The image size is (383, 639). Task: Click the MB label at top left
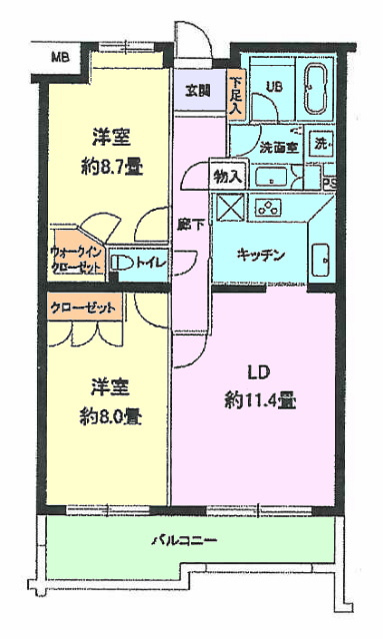(x=60, y=57)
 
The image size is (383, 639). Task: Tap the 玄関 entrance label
(x=198, y=91)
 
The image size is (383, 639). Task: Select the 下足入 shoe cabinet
(x=237, y=96)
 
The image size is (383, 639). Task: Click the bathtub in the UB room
(x=316, y=88)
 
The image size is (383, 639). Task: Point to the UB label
(x=274, y=87)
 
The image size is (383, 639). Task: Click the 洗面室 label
(x=279, y=147)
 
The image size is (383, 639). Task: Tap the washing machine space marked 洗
(x=322, y=144)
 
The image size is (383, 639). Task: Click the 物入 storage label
(x=229, y=177)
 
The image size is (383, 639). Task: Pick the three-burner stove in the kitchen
(x=268, y=208)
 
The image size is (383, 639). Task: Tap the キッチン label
(x=261, y=256)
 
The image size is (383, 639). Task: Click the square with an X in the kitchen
(x=230, y=208)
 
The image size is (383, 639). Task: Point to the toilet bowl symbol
(x=122, y=263)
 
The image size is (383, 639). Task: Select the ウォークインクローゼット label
(x=76, y=260)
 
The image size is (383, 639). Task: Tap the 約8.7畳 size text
(x=112, y=168)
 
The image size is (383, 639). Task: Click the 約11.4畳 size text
(x=260, y=401)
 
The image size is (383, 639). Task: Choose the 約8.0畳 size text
(x=111, y=417)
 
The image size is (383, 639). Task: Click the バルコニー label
(x=184, y=541)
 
